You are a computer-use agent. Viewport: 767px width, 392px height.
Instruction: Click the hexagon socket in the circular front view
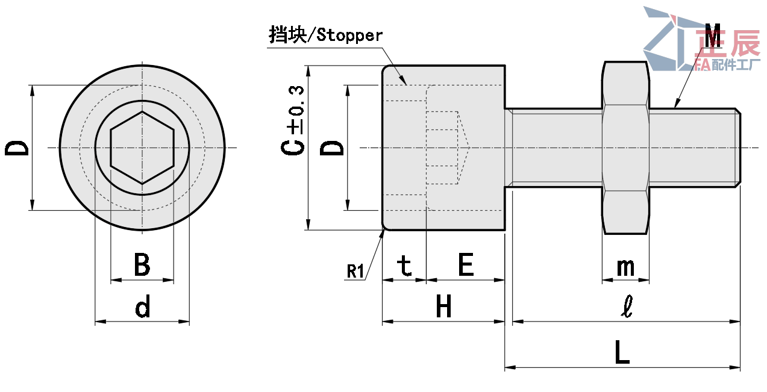click(142, 148)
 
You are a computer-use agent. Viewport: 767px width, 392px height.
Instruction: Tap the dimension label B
click(142, 265)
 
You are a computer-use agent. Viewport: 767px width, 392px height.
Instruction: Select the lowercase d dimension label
click(143, 308)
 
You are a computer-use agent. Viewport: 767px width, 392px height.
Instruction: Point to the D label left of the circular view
click(17, 148)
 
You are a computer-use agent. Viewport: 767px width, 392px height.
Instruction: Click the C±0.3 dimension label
click(294, 120)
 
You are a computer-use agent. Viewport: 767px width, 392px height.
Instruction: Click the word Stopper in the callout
click(349, 36)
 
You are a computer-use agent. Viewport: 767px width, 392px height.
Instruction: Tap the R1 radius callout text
click(355, 272)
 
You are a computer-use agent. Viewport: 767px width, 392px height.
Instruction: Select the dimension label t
click(405, 266)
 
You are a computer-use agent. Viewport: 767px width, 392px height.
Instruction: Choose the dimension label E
click(466, 265)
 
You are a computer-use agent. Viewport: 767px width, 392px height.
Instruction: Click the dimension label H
click(443, 308)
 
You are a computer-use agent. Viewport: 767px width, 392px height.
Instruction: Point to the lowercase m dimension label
click(625, 267)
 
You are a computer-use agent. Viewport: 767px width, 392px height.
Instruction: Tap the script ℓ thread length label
click(627, 308)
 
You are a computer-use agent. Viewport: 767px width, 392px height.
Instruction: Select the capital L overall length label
click(622, 352)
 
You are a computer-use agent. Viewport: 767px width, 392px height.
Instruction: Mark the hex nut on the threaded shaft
click(626, 148)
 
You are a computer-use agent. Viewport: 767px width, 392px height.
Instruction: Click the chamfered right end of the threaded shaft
click(737, 148)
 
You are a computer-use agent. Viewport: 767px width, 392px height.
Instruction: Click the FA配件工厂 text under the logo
click(727, 64)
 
